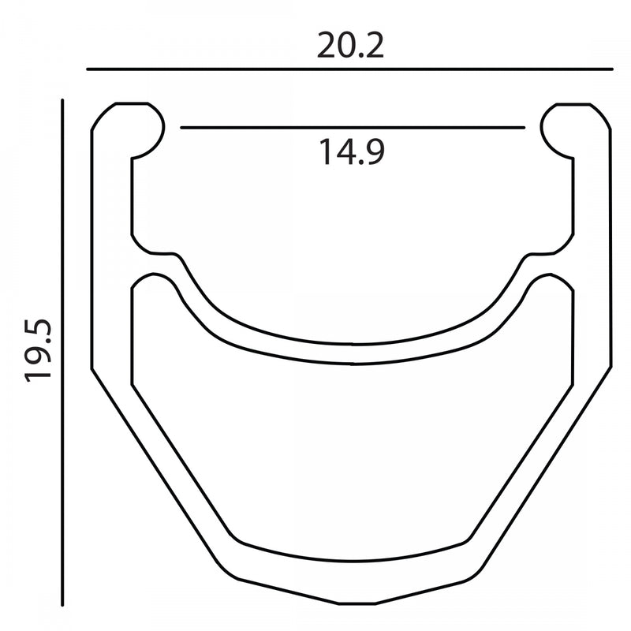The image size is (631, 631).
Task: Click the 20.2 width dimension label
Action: [x=350, y=46]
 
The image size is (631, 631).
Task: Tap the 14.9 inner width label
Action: [x=352, y=151]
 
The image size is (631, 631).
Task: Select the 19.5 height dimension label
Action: [x=38, y=350]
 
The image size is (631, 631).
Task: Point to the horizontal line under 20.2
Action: [x=349, y=69]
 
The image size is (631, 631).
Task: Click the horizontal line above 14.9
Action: [x=353, y=128]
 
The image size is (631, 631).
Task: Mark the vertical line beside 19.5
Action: [x=62, y=353]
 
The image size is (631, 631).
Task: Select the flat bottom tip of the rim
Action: [x=357, y=603]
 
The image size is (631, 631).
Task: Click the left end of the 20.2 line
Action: [x=88, y=69]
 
